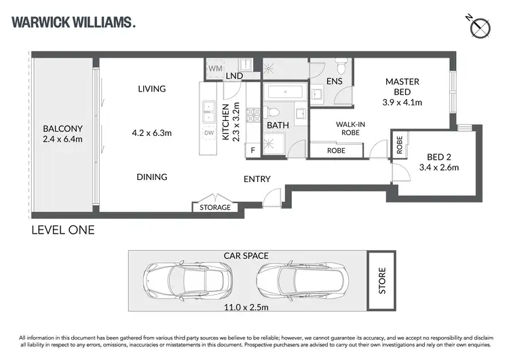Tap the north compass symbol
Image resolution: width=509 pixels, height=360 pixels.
(x=481, y=27)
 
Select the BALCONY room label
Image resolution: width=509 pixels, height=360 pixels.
(x=62, y=128)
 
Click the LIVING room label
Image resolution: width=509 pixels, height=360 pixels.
(x=151, y=89)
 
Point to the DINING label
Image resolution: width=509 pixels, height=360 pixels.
(x=151, y=177)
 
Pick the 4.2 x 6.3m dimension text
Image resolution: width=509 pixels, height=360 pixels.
(x=151, y=133)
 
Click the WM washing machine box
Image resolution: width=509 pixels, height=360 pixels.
(x=215, y=69)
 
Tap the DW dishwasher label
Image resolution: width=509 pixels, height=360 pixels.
(x=209, y=133)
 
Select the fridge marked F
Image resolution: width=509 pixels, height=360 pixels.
(x=252, y=150)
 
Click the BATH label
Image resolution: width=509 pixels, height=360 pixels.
(x=278, y=126)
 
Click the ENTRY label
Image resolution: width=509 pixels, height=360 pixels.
(x=257, y=179)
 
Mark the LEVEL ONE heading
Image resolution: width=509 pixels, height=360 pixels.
(x=63, y=230)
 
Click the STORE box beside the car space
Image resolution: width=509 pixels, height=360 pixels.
(x=382, y=281)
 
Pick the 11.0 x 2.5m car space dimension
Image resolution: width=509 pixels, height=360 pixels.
(x=246, y=308)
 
